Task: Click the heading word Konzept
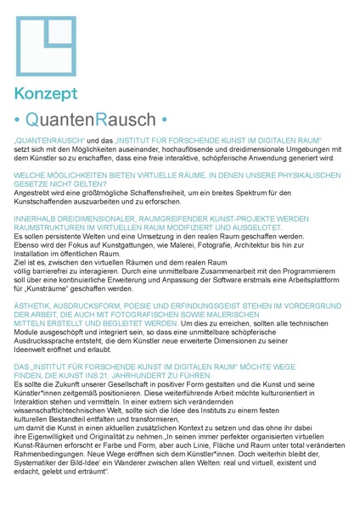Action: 47,94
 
